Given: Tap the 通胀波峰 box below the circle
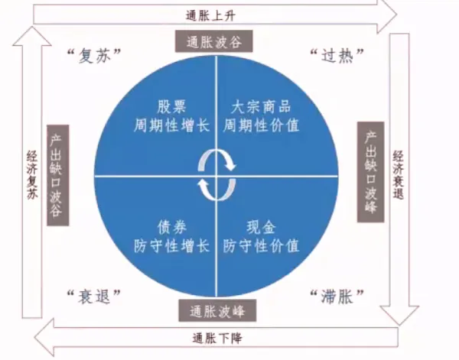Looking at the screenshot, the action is pyautogui.click(x=217, y=310).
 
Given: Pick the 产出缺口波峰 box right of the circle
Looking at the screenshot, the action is pyautogui.click(x=371, y=173).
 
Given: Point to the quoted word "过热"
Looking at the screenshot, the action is pyautogui.click(x=337, y=55).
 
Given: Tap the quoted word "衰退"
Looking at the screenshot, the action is pyautogui.click(x=95, y=296).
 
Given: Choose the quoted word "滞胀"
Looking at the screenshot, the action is pyautogui.click(x=337, y=296).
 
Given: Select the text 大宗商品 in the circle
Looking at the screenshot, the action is pyautogui.click(x=260, y=107).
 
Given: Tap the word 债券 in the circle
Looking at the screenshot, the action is pyautogui.click(x=171, y=227).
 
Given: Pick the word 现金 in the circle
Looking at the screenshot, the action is pyautogui.click(x=260, y=227).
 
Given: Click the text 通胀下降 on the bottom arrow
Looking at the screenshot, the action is pyautogui.click(x=219, y=337).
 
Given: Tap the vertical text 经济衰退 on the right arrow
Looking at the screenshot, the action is pyautogui.click(x=399, y=174).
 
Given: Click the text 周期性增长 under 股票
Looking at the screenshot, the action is pyautogui.click(x=171, y=125).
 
